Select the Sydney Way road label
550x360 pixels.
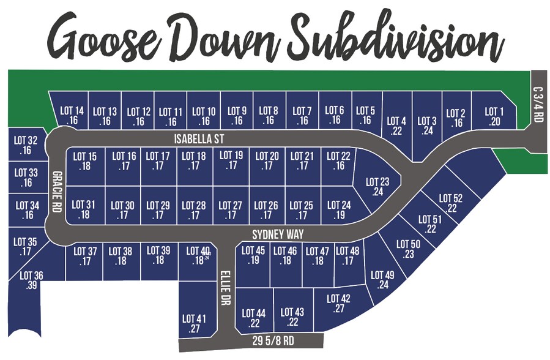[278, 234]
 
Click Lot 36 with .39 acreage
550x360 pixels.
[31, 280]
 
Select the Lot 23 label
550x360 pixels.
[377, 186]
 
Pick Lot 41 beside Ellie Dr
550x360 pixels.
[195, 323]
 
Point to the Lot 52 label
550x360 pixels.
[451, 203]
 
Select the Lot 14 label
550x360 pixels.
[72, 116]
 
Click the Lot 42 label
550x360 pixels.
[338, 304]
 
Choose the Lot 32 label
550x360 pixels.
[26, 145]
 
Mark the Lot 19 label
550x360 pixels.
[231, 160]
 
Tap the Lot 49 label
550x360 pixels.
[383, 280]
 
